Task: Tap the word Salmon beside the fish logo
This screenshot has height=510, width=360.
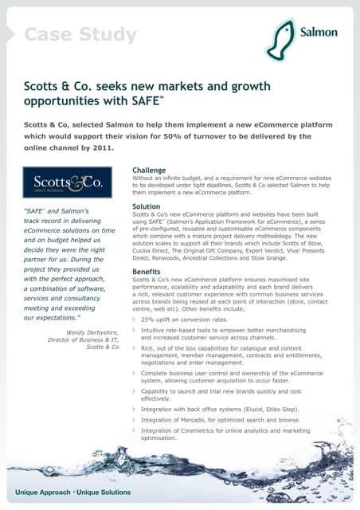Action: click(319, 33)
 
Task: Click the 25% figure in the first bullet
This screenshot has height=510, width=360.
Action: click(148, 320)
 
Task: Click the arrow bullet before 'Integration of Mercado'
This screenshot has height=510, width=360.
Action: click(135, 419)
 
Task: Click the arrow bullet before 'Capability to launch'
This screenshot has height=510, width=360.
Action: click(135, 391)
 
